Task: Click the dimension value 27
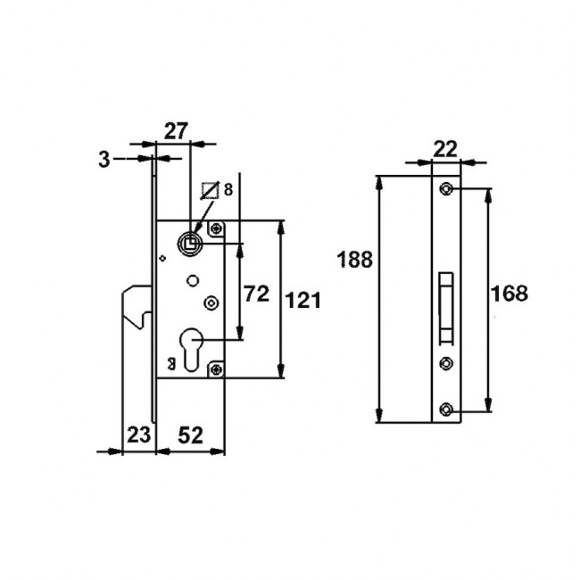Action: click(x=176, y=131)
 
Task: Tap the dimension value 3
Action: click(x=104, y=160)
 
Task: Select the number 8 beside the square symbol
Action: click(x=228, y=190)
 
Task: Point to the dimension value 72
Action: click(x=256, y=294)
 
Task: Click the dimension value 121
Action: click(x=303, y=300)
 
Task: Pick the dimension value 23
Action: click(x=138, y=435)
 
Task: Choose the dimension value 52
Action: click(x=190, y=435)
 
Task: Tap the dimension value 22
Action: click(x=445, y=149)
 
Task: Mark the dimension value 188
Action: click(x=354, y=260)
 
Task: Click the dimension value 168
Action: click(x=509, y=294)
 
